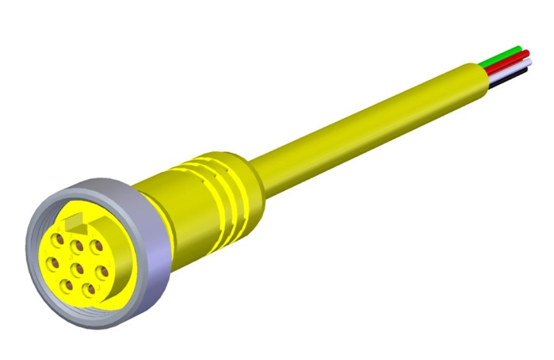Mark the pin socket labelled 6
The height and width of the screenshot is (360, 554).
[58, 239]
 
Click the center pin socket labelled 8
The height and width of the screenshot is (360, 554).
[78, 268]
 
